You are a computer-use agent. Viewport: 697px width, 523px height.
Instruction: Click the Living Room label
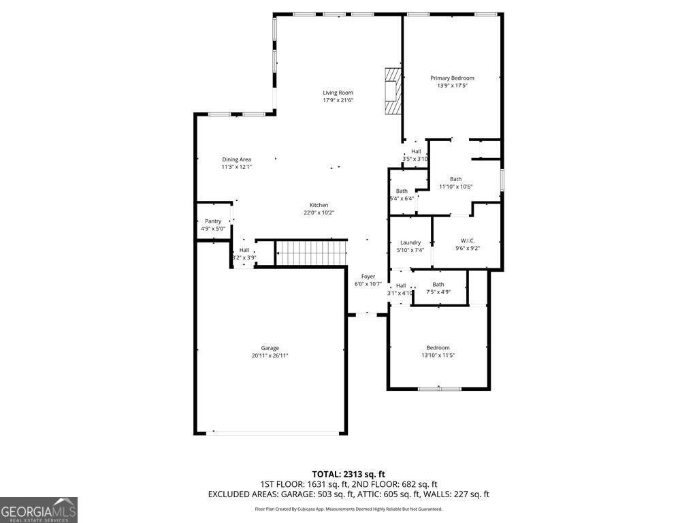pyautogui.click(x=338, y=93)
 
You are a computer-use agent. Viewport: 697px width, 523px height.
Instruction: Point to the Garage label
pyautogui.click(x=270, y=348)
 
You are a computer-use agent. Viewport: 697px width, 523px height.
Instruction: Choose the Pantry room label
pyautogui.click(x=213, y=221)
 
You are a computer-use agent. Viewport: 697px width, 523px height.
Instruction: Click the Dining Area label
pyautogui.click(x=236, y=159)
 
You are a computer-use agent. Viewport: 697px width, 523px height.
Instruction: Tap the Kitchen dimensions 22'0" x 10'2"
pyautogui.click(x=319, y=212)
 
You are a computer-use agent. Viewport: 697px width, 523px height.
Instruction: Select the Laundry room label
pyautogui.click(x=410, y=242)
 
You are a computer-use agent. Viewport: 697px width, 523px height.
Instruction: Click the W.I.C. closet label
pyautogui.click(x=468, y=240)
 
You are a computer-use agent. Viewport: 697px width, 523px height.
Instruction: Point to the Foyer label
pyautogui.click(x=368, y=276)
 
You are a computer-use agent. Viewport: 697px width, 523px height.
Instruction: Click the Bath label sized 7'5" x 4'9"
pyautogui.click(x=438, y=285)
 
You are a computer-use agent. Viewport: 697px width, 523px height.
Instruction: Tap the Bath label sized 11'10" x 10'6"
pyautogui.click(x=455, y=179)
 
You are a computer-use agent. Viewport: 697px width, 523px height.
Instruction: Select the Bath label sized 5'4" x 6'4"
pyautogui.click(x=402, y=191)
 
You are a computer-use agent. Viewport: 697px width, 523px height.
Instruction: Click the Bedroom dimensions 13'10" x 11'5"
pyautogui.click(x=438, y=355)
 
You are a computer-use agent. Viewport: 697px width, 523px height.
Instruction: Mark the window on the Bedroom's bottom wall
pyautogui.click(x=439, y=389)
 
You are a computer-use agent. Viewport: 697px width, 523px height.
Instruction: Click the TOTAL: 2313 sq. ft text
pyautogui.click(x=348, y=474)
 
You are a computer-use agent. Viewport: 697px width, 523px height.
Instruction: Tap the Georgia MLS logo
pyautogui.click(x=39, y=510)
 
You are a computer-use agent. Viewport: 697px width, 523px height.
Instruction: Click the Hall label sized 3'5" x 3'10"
pyautogui.click(x=416, y=151)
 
